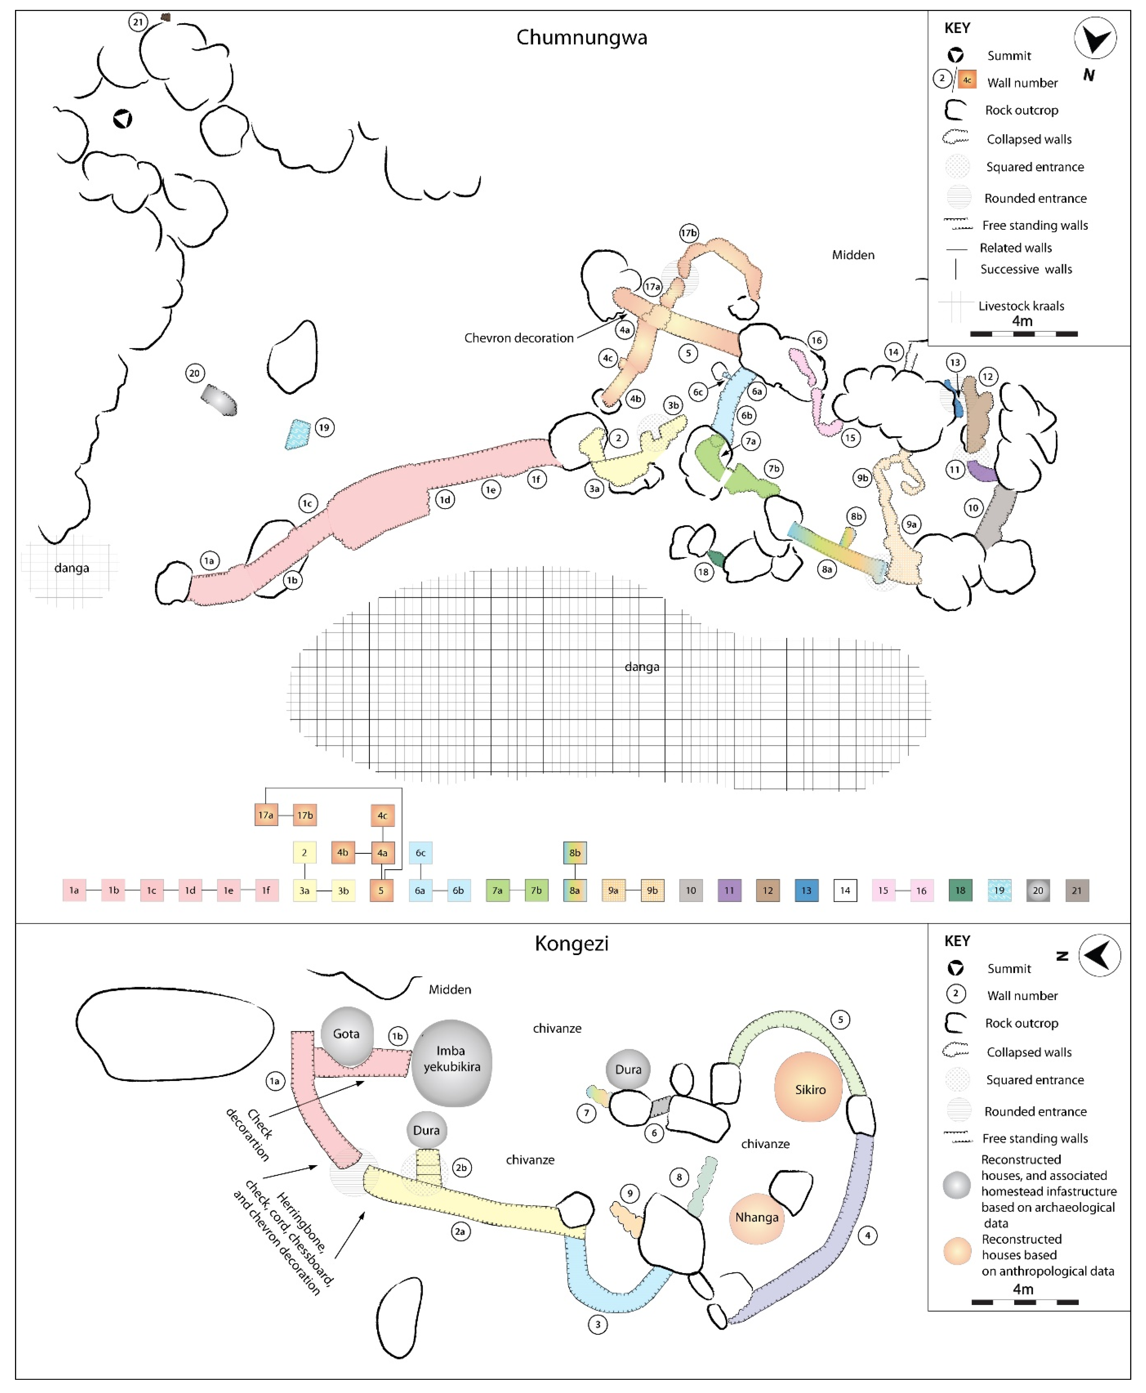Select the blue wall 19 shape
(298, 435)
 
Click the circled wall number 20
(194, 373)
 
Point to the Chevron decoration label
(519, 338)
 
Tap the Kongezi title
(572, 943)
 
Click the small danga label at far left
(71, 568)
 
